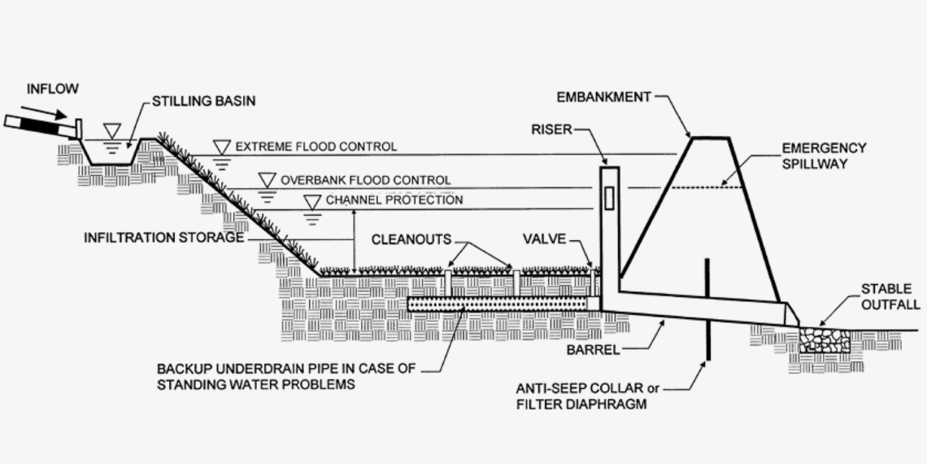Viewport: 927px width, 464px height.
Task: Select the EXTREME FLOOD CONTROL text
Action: tap(316, 147)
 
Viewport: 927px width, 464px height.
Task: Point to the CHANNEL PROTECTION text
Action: tap(394, 199)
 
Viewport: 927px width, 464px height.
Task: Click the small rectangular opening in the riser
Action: tap(611, 199)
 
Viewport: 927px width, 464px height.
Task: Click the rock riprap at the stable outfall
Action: tap(825, 339)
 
